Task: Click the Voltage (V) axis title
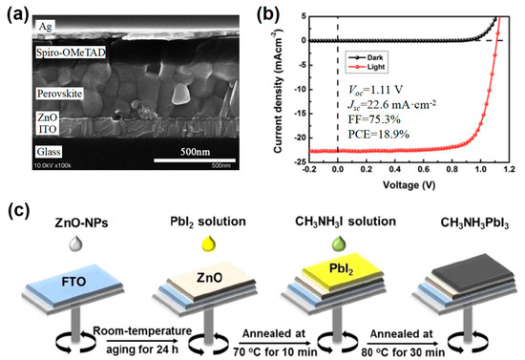[x=410, y=187]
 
